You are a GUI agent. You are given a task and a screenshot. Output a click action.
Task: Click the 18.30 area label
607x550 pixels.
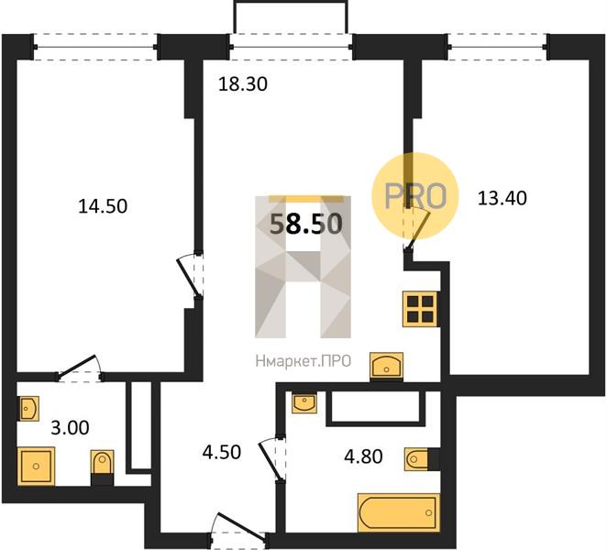[243, 84]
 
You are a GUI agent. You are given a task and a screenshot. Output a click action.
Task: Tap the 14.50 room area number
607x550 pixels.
[103, 206]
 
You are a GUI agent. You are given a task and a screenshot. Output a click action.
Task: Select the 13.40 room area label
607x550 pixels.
[502, 198]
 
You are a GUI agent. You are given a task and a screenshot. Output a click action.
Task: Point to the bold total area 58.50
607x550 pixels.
[306, 224]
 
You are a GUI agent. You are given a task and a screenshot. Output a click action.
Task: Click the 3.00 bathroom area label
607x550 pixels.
[70, 428]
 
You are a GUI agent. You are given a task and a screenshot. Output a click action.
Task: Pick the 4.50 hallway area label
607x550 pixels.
[222, 452]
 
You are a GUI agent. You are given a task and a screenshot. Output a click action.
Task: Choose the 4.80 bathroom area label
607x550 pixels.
[363, 456]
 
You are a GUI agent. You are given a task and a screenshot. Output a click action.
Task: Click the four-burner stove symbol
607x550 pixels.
[420, 309]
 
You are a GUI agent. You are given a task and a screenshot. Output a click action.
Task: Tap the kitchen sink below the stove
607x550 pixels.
[387, 365]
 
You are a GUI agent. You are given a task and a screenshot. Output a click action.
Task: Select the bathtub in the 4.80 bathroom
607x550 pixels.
[399, 512]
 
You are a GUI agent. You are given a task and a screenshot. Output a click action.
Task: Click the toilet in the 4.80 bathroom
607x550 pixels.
[422, 459]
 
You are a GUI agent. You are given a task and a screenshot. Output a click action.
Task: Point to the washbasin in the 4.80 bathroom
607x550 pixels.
[304, 402]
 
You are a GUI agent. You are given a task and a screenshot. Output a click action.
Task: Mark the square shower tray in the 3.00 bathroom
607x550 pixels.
[36, 466]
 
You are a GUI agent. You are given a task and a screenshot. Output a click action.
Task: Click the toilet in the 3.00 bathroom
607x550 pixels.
[102, 467]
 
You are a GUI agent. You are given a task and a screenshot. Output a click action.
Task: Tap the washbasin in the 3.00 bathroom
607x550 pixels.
[28, 408]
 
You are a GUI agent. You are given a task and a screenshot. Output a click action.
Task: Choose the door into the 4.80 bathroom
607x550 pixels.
[272, 459]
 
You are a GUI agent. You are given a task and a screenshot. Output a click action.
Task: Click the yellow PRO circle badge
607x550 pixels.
[415, 196]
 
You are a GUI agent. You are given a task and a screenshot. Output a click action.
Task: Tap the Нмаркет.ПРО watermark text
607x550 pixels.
[303, 361]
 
